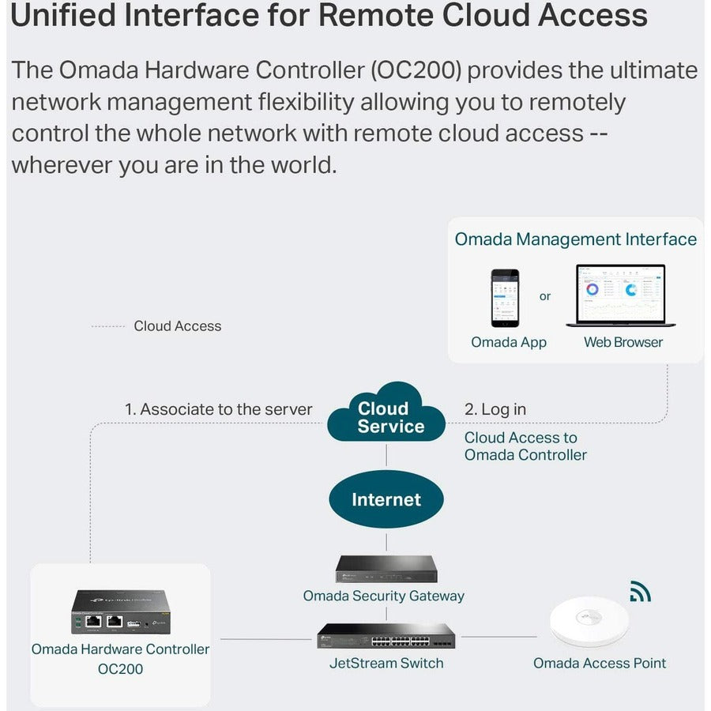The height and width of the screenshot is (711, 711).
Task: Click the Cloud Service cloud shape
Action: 386,415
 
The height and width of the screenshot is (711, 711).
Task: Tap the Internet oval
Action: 386,499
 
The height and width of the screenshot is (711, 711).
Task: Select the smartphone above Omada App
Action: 505,298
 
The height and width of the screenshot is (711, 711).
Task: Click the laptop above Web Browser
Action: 621,296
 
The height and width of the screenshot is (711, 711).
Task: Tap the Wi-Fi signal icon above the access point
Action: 639,592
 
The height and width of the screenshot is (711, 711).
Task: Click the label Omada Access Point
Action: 600,663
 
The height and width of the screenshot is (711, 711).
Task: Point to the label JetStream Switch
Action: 386,663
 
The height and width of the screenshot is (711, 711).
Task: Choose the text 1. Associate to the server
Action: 218,409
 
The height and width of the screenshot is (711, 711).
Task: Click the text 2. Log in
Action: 495,409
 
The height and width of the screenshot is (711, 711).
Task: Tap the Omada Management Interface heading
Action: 576,239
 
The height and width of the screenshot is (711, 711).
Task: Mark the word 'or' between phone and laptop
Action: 545,296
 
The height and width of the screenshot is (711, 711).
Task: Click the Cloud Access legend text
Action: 177,325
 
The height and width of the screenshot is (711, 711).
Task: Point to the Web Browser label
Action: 623,342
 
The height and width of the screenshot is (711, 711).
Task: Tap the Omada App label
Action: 509,342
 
